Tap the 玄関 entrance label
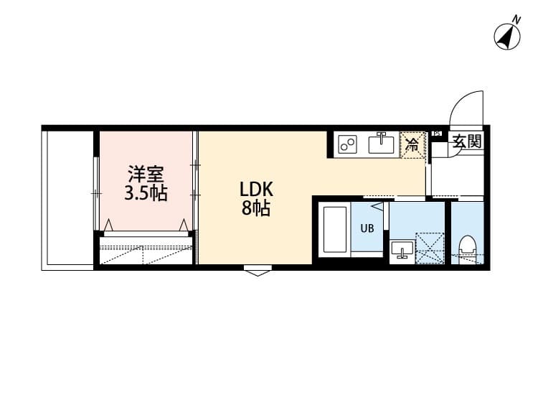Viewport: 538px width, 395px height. pyautogui.click(x=466, y=142)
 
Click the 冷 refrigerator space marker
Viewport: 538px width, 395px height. pyautogui.click(x=412, y=144)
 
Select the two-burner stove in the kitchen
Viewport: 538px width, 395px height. pyautogui.click(x=349, y=144)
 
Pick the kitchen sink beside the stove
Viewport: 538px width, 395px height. pyautogui.click(x=382, y=144)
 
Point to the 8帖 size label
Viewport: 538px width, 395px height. pyautogui.click(x=255, y=210)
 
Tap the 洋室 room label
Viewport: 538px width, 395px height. pyautogui.click(x=146, y=175)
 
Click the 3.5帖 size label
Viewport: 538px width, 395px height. pyautogui.click(x=146, y=193)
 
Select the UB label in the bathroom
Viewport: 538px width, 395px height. pyautogui.click(x=367, y=229)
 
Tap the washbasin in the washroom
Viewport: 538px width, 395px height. pyautogui.click(x=402, y=250)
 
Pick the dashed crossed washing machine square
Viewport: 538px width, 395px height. pyautogui.click(x=428, y=248)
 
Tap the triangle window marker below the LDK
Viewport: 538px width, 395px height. pyautogui.click(x=257, y=271)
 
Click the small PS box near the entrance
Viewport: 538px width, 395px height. pyautogui.click(x=436, y=134)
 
